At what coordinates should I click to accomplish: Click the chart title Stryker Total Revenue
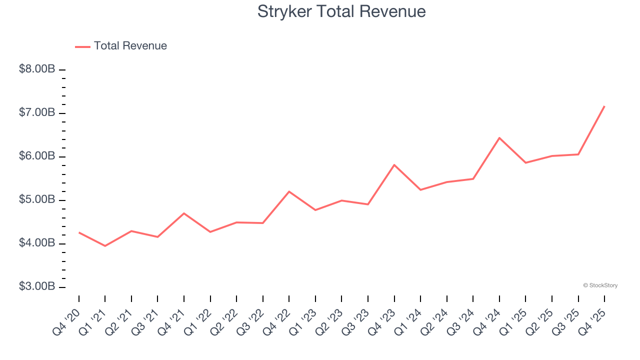click(341, 11)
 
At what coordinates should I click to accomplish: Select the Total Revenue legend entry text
click(130, 46)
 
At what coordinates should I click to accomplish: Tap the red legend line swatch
click(82, 46)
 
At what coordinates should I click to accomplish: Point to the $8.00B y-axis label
click(37, 69)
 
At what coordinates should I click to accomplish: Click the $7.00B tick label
click(37, 113)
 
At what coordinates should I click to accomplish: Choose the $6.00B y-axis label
click(37, 156)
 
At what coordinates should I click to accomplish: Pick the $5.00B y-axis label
click(37, 200)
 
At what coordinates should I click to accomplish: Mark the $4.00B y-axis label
click(37, 243)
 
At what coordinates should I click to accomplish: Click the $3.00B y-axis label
click(37, 287)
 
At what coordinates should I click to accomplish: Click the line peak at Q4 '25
click(604, 106)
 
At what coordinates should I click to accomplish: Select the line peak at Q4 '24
click(499, 137)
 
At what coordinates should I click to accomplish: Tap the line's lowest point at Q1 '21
click(105, 246)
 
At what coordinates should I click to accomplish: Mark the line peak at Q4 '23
click(394, 164)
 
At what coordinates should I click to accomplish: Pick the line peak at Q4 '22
click(289, 191)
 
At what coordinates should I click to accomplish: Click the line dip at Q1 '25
click(525, 162)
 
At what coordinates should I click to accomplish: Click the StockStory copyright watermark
click(600, 285)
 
